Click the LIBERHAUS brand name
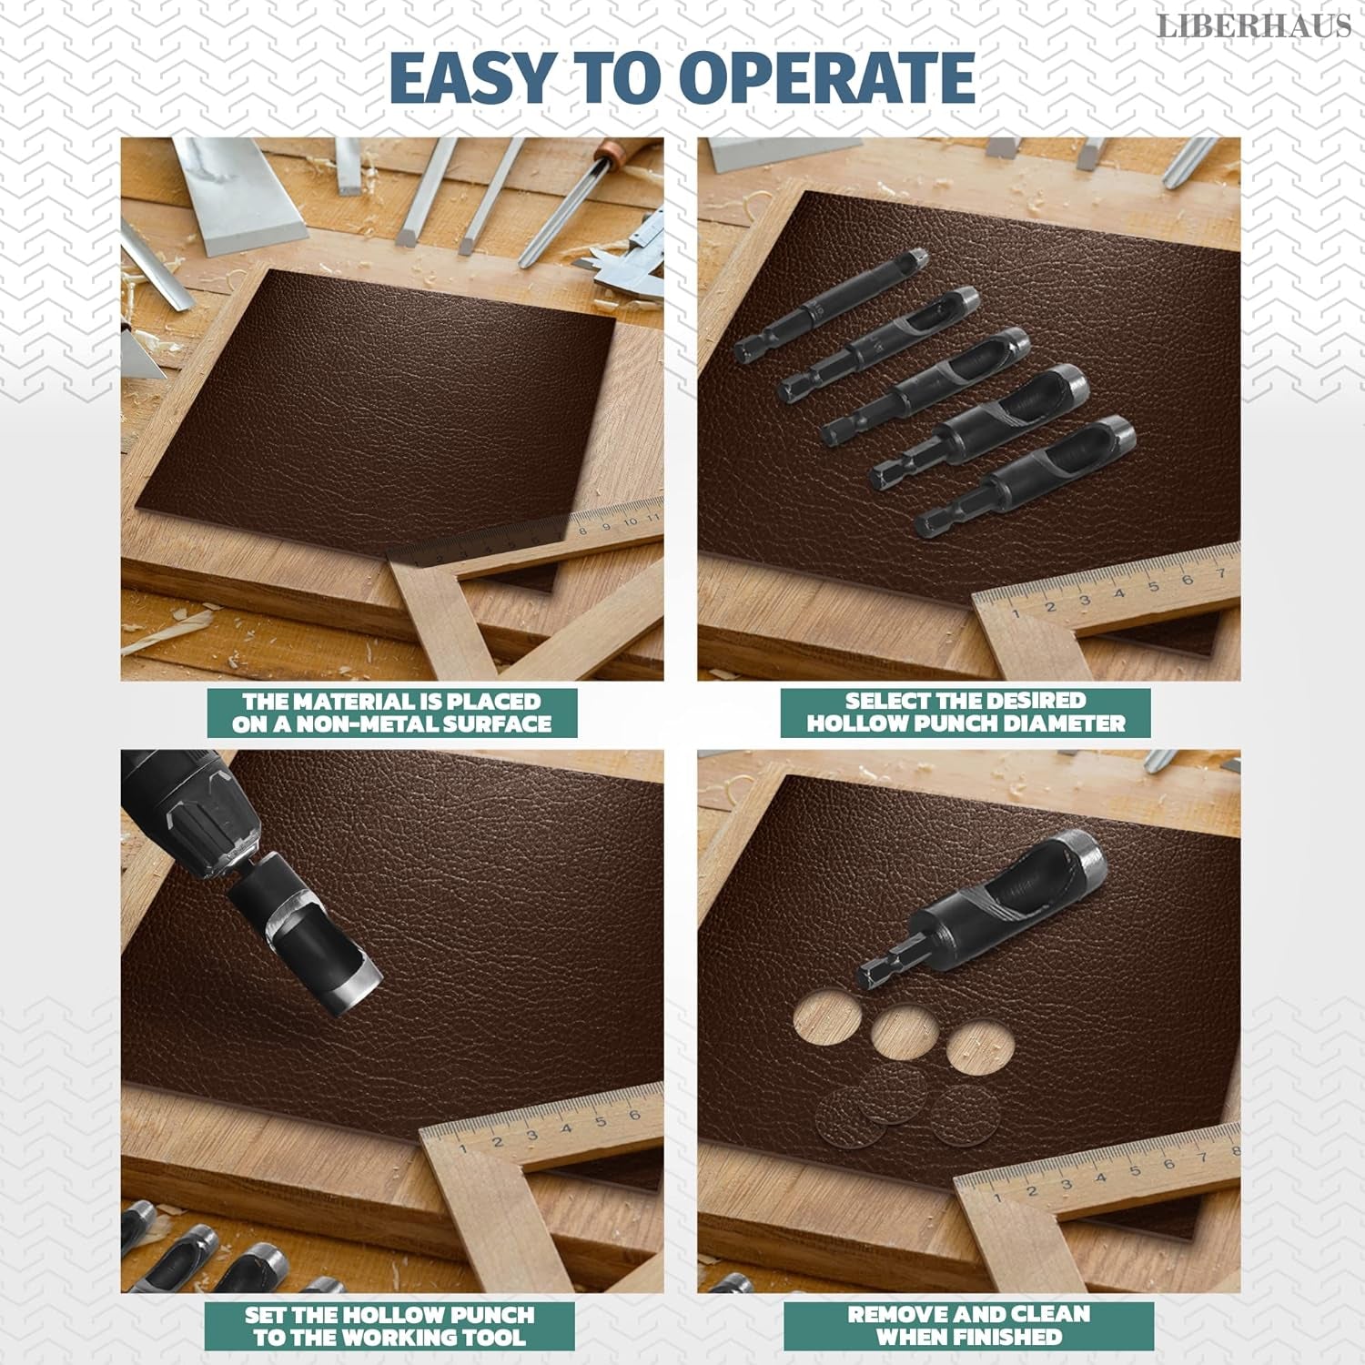point(1253,26)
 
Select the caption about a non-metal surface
point(391,713)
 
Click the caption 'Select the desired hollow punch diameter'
point(966,713)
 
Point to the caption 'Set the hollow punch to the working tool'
point(389,1326)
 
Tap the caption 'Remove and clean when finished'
point(968,1326)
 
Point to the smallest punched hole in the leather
point(976,1045)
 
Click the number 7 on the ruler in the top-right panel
point(1221,573)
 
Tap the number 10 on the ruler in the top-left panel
point(630,521)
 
